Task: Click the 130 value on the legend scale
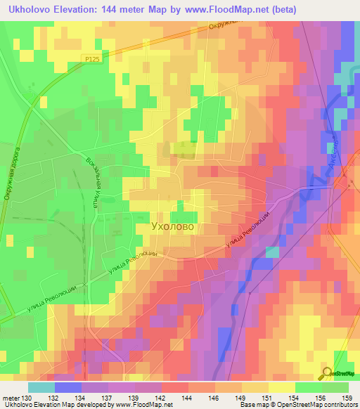pyautogui.click(x=27, y=398)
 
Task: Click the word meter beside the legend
pyautogui.click(x=11, y=398)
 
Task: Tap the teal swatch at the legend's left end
pyautogui.click(x=41, y=387)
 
